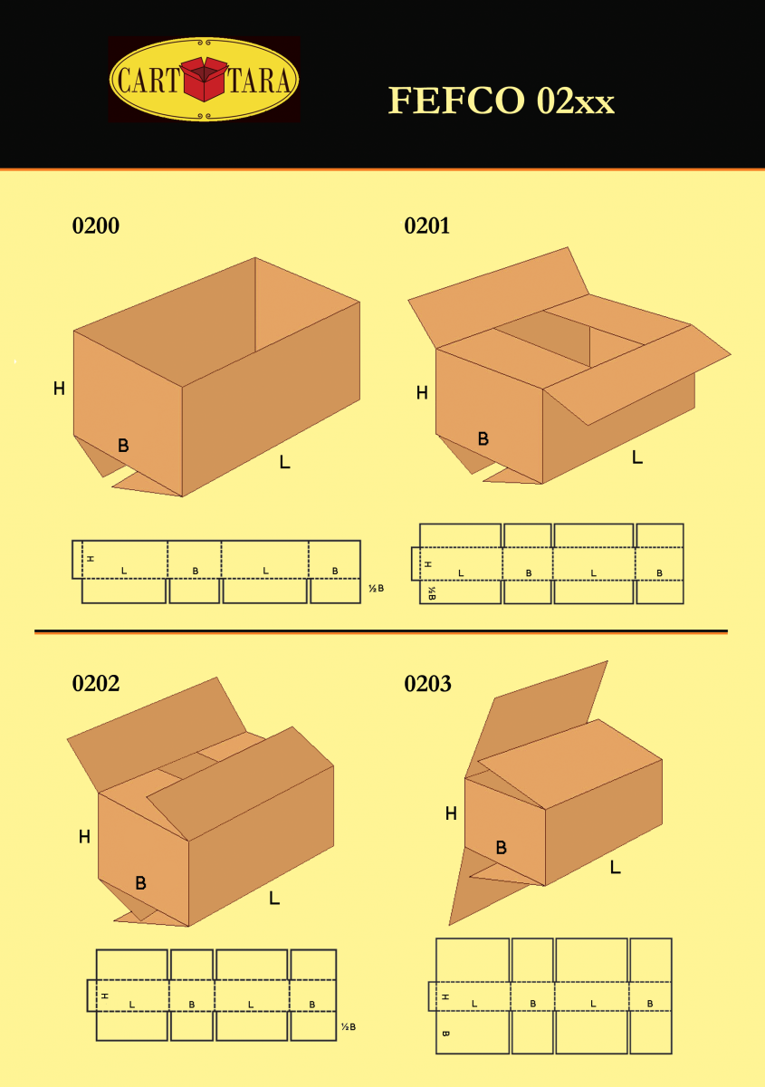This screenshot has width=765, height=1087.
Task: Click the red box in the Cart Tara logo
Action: [205, 79]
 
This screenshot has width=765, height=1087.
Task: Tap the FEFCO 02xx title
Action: [502, 101]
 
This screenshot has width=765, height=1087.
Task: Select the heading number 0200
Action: [96, 226]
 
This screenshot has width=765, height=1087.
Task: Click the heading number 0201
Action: [427, 226]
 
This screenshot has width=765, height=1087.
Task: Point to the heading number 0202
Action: [96, 683]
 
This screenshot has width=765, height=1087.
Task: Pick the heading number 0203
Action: [427, 683]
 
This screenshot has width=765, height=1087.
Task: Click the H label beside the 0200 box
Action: [59, 389]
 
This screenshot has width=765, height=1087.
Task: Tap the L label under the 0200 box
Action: [285, 461]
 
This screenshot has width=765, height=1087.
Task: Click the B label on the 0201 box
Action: [483, 438]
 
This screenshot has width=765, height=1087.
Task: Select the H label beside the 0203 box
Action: [451, 813]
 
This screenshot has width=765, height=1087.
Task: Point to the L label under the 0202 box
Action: [274, 899]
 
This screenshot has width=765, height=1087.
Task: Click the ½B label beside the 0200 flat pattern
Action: [376, 589]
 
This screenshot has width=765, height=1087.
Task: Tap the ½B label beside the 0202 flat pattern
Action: [349, 1027]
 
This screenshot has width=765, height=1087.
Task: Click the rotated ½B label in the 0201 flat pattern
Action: [432, 593]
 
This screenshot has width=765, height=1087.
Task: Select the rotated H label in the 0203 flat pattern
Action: [445, 997]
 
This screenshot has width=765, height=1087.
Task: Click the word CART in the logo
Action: [148, 80]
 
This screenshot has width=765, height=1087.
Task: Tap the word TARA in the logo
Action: [259, 80]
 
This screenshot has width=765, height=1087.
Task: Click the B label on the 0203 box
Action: [502, 848]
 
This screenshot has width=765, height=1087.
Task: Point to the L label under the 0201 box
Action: [637, 457]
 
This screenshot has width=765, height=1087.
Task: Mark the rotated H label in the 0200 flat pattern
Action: [91, 559]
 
